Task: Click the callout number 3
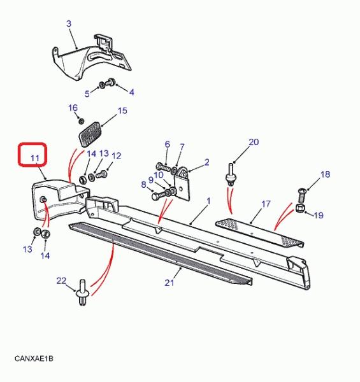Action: coord(69,24)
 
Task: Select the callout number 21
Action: coord(169,283)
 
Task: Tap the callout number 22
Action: coord(61,281)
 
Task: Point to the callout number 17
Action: coord(266,204)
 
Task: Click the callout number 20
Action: coord(254,142)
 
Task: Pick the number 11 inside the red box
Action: coord(35,159)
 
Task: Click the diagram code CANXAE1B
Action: coord(34,358)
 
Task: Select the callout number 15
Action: coord(122,111)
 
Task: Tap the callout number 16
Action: coord(73,108)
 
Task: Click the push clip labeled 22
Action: coord(82,292)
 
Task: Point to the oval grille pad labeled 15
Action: coord(90,135)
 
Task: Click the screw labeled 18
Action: coord(302,195)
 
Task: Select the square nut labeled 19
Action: coord(299,209)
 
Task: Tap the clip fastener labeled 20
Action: coord(230,174)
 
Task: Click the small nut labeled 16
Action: coord(81,120)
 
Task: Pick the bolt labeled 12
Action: coord(101,174)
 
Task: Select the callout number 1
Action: coord(208,201)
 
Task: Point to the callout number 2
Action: coord(206,162)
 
